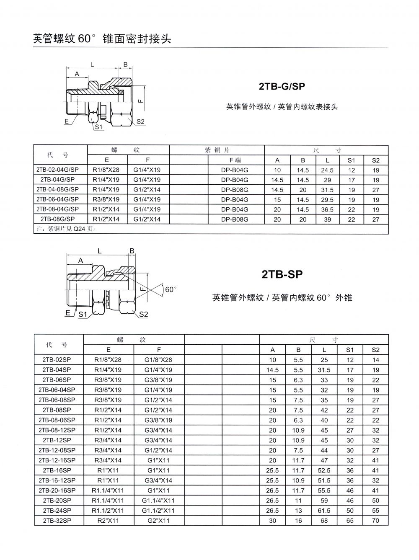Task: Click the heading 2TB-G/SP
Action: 282,87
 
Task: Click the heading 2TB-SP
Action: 282,275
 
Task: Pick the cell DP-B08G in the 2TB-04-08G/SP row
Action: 234,189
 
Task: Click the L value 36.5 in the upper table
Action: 327,209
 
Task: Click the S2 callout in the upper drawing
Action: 140,121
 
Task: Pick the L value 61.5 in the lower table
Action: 324,511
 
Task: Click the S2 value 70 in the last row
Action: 375,521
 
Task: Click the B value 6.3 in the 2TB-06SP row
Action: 298,380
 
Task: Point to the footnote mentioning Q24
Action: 67,229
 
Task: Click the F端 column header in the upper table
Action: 235,160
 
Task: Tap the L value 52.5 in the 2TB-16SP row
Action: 324,470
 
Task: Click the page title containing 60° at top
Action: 102,39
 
